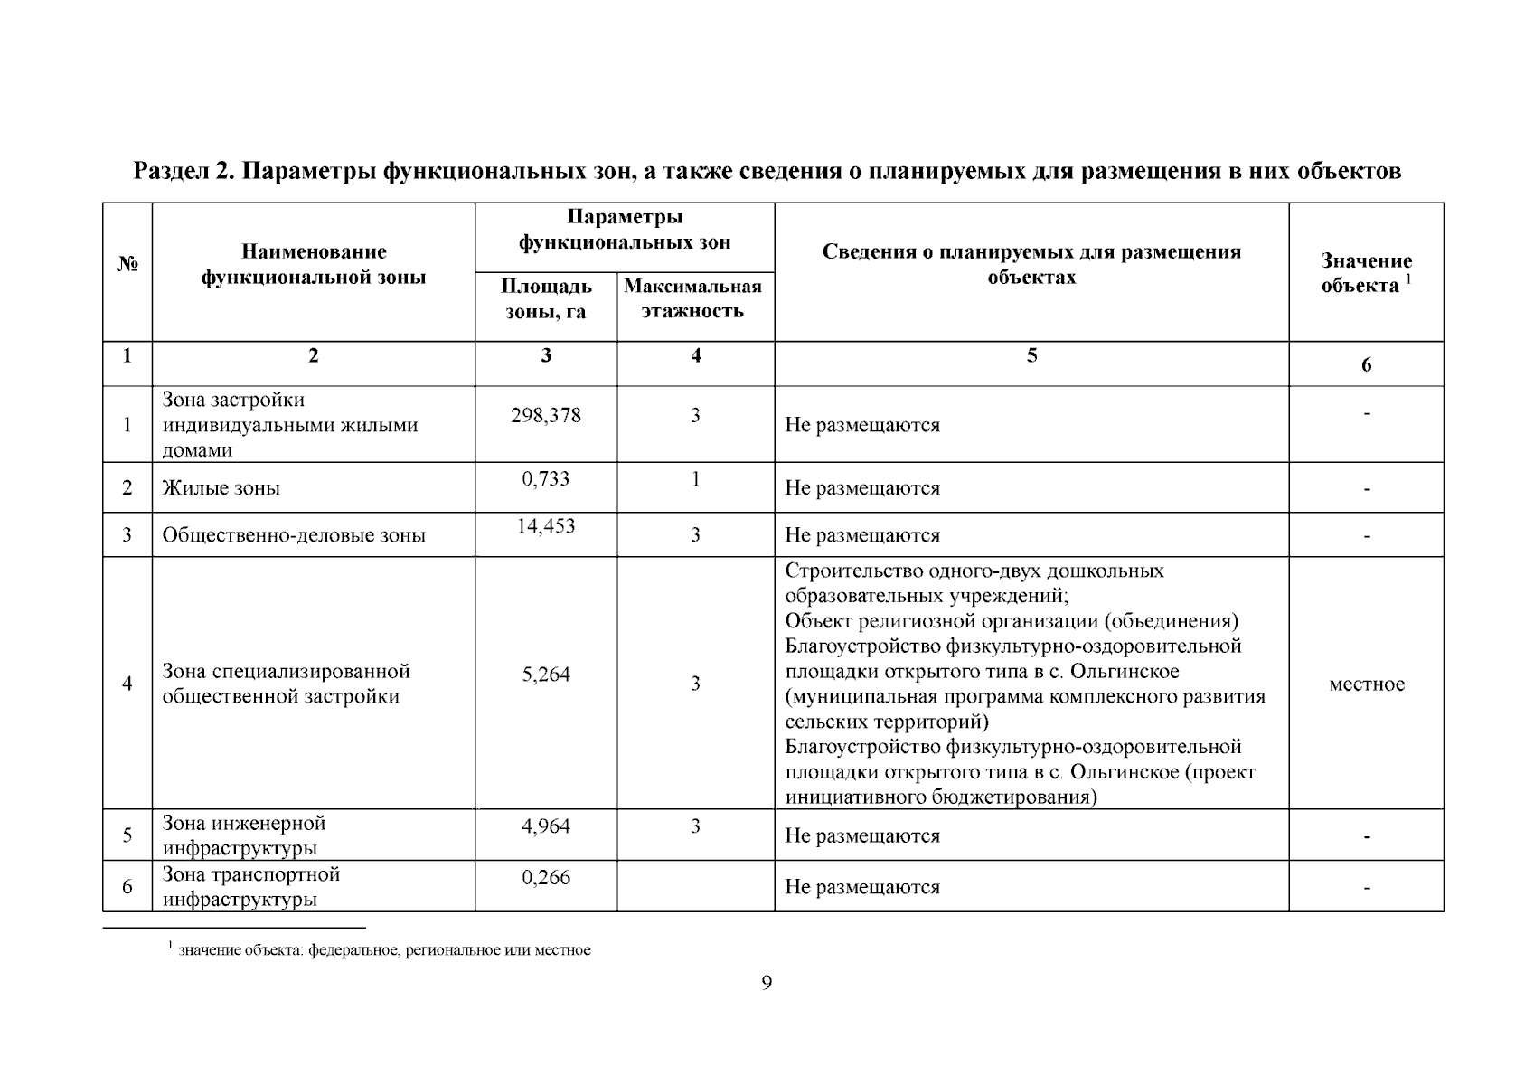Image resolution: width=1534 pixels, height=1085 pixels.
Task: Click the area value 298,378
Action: tap(546, 415)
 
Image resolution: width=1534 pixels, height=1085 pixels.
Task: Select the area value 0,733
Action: tap(546, 478)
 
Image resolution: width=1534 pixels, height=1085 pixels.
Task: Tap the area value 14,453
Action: tap(546, 526)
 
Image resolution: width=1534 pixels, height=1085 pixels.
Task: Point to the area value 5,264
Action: tap(546, 675)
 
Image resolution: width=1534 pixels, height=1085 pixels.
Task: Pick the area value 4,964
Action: tap(546, 826)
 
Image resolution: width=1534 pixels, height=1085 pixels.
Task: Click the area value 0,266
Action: tap(546, 877)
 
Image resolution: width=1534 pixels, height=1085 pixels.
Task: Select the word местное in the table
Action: tap(1366, 684)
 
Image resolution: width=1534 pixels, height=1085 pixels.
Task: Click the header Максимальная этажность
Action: tap(693, 298)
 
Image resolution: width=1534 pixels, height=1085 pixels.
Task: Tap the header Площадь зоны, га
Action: tap(546, 298)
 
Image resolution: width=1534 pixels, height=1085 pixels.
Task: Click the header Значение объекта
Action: tap(1366, 273)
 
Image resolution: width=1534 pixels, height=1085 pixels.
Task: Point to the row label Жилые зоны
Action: tap(221, 488)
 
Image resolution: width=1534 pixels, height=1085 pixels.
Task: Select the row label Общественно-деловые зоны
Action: tap(294, 535)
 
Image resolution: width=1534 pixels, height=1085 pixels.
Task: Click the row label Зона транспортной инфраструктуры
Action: tap(251, 887)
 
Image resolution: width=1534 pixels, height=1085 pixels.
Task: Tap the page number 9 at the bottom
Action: tap(767, 983)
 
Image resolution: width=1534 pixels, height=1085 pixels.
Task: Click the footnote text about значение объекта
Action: tap(384, 950)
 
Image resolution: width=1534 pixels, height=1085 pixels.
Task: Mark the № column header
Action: tap(127, 265)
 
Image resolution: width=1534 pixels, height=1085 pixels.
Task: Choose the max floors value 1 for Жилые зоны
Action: tap(695, 478)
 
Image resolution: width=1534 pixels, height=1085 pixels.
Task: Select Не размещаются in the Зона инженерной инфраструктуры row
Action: tap(861, 835)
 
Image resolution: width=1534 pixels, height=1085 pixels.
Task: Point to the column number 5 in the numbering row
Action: tap(1031, 355)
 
